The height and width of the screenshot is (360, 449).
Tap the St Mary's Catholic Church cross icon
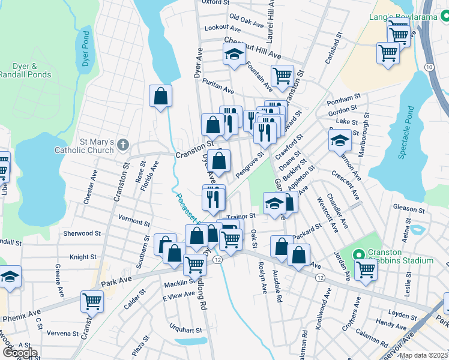pos(123,145)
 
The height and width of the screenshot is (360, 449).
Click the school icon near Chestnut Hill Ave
pos(235,55)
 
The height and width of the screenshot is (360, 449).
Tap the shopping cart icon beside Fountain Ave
pos(282,76)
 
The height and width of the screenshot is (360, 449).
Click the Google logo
pos(19,353)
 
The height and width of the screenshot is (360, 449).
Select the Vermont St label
pos(134,221)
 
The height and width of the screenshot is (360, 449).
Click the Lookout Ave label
pos(222,28)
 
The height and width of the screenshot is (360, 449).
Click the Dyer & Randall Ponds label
pos(25,70)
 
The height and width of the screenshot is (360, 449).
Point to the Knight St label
pos(83,257)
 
